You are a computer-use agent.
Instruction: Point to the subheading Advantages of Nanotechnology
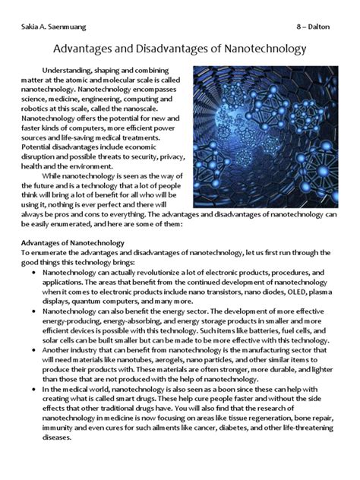(74, 242)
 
